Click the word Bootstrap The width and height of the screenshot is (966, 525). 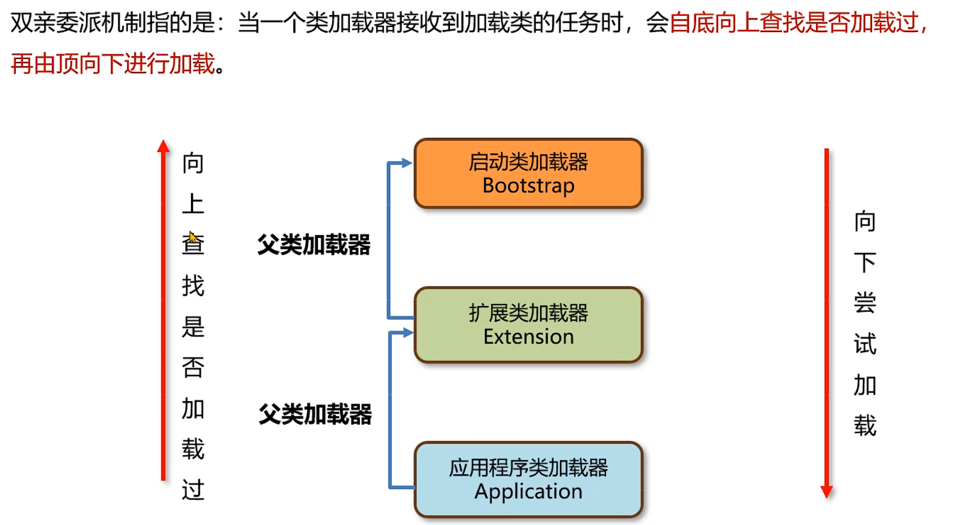pyautogui.click(x=528, y=186)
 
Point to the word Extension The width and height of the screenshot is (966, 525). pyautogui.click(x=528, y=337)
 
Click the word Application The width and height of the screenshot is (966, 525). pyautogui.click(x=528, y=491)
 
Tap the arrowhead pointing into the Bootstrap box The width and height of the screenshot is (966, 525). pyautogui.click(x=406, y=163)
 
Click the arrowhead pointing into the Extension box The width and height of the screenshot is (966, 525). pyautogui.click(x=408, y=333)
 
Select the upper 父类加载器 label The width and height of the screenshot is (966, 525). pyautogui.click(x=314, y=245)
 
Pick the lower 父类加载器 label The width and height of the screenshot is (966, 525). pyautogui.click(x=315, y=414)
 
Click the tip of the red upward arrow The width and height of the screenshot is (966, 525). pyautogui.click(x=163, y=145)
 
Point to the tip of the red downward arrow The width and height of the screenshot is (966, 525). pyautogui.click(x=827, y=492)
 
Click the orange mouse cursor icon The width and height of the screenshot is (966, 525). pyautogui.click(x=192, y=237)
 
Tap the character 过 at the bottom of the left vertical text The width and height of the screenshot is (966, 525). pyautogui.click(x=193, y=490)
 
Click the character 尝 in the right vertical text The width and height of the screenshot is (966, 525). pyautogui.click(x=865, y=303)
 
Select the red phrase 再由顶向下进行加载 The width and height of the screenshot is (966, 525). pyautogui.click(x=113, y=64)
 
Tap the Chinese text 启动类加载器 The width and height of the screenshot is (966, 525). pyautogui.click(x=528, y=162)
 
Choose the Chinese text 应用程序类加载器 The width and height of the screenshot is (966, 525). pyautogui.click(x=528, y=467)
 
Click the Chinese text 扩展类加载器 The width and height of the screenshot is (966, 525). pyautogui.click(x=528, y=313)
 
